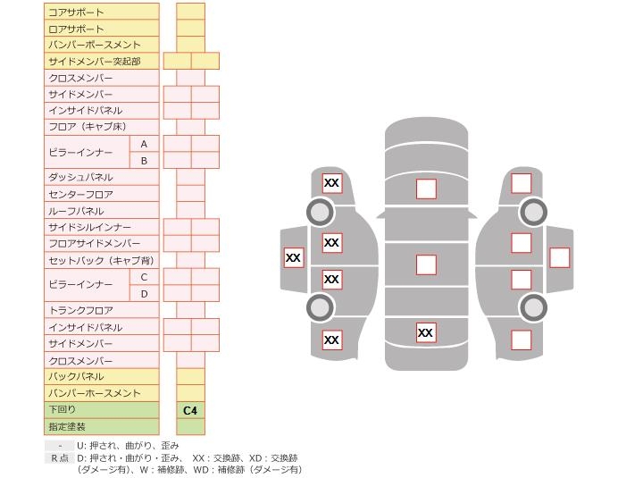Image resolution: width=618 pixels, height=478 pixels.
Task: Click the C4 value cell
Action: [190, 410]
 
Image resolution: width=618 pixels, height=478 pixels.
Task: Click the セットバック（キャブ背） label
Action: [100, 261]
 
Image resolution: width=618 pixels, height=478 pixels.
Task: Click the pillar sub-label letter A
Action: [144, 144]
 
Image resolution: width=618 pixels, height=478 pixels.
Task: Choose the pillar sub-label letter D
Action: [144, 294]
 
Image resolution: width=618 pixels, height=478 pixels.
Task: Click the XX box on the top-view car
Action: [426, 332]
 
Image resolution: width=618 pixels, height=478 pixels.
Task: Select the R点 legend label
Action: [59, 457]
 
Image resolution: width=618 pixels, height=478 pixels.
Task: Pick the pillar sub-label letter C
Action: [144, 277]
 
